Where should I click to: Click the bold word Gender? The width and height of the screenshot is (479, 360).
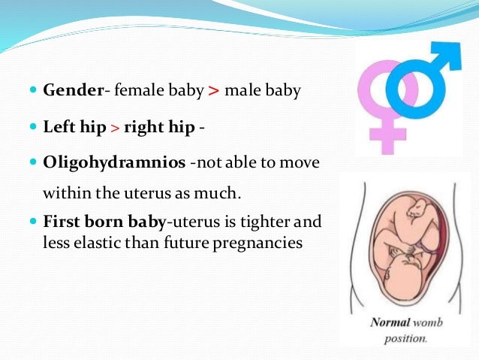coord(73,91)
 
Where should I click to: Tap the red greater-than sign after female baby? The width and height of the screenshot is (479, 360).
coord(214,92)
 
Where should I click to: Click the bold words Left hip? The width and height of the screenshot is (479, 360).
coord(71,127)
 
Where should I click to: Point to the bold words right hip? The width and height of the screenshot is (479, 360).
coord(158,127)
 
